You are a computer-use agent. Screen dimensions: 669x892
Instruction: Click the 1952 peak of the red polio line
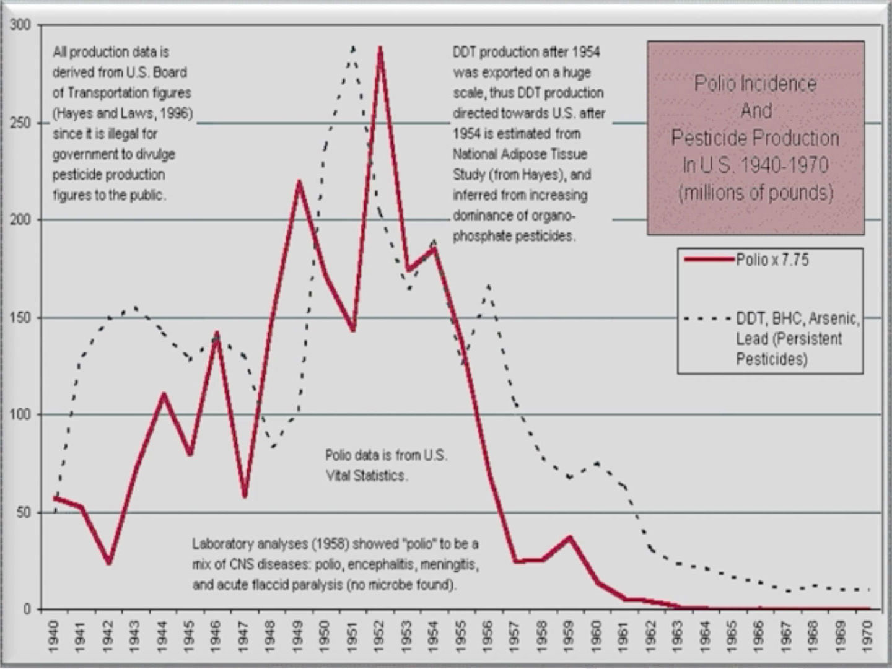(380, 49)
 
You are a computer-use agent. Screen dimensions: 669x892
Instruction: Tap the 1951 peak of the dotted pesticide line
(353, 47)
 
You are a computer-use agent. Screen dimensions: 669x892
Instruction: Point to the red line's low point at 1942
(109, 562)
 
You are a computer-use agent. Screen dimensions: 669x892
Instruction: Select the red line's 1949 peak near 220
(299, 182)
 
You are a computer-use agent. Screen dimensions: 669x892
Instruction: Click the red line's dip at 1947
(245, 496)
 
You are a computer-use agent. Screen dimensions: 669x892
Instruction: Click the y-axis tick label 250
(20, 123)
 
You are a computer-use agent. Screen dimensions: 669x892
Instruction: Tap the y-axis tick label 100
(20, 414)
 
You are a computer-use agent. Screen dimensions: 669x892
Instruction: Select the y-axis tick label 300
(20, 25)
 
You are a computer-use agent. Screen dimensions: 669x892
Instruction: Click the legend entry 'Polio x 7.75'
(772, 260)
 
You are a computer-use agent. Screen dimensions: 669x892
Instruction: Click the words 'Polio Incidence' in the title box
(755, 84)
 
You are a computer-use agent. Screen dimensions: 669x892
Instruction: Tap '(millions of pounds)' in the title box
(755, 193)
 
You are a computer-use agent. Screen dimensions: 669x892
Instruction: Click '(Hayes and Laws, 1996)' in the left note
(123, 113)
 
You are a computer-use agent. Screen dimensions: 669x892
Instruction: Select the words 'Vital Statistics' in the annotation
(365, 476)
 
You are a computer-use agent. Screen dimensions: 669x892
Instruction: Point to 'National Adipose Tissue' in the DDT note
(519, 154)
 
